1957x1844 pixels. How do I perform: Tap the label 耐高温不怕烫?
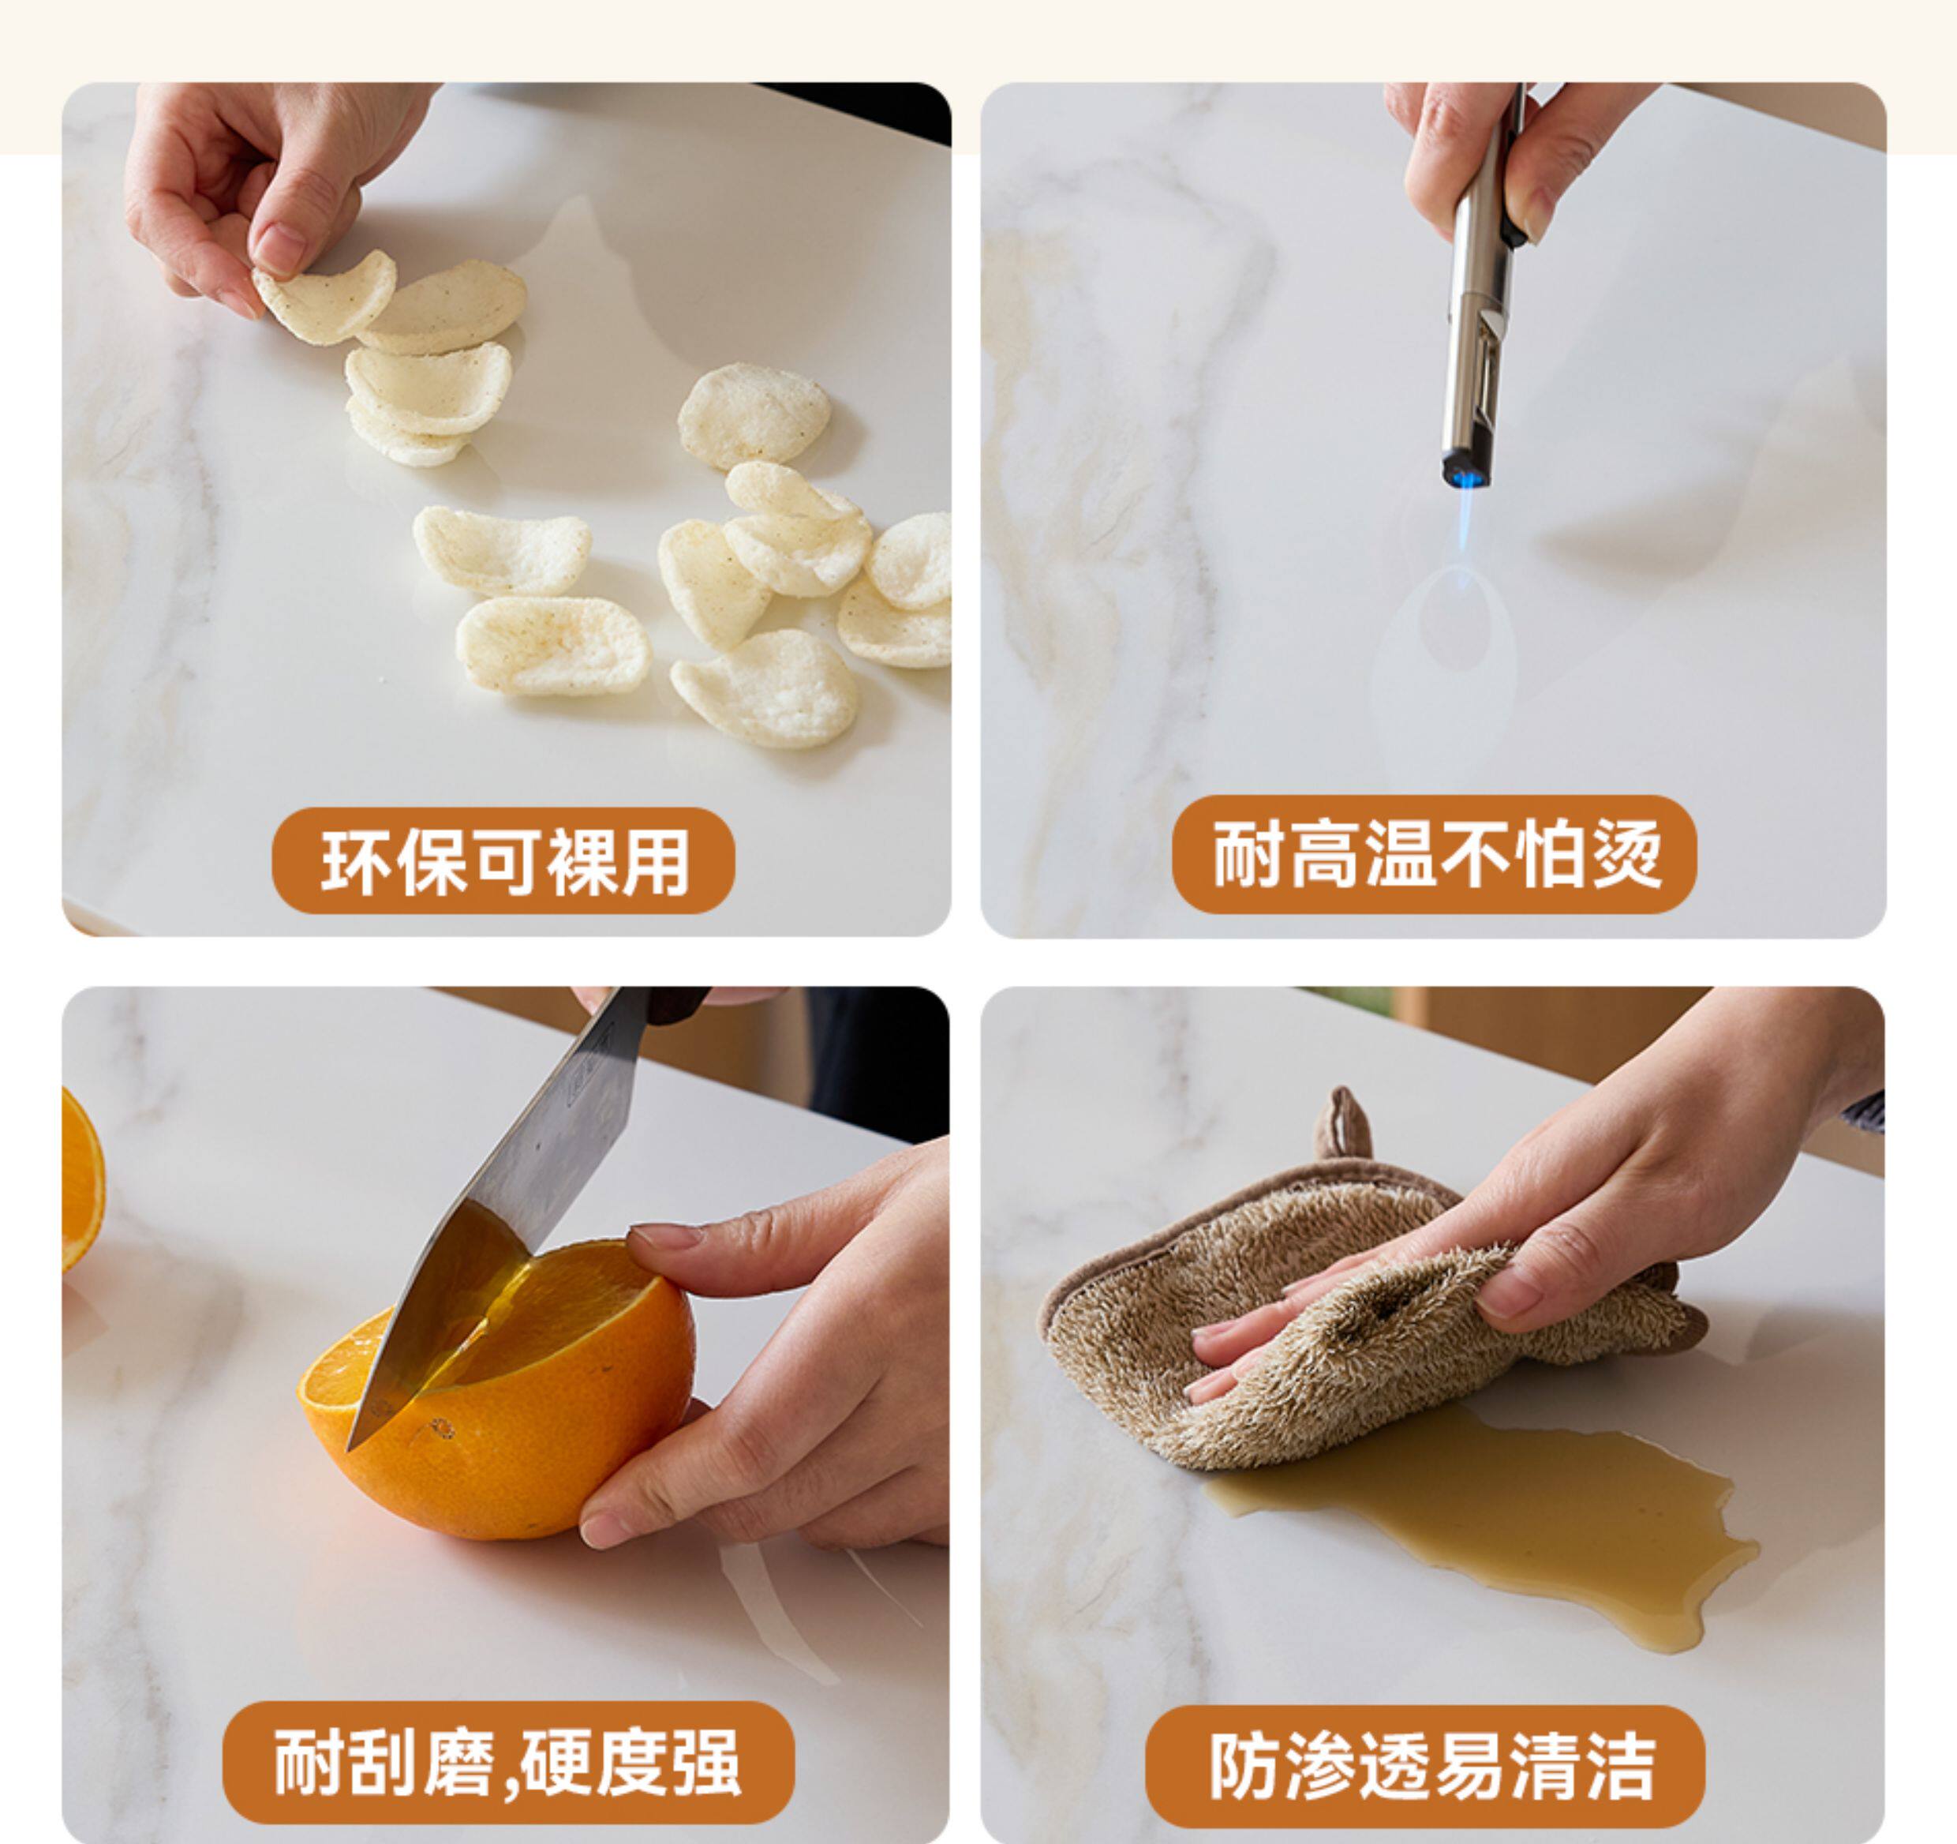click(x=1435, y=853)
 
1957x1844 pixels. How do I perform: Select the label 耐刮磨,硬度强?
click(x=508, y=1761)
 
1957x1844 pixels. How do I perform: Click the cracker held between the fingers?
click(x=325, y=295)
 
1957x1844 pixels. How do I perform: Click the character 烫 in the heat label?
click(x=1627, y=853)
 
